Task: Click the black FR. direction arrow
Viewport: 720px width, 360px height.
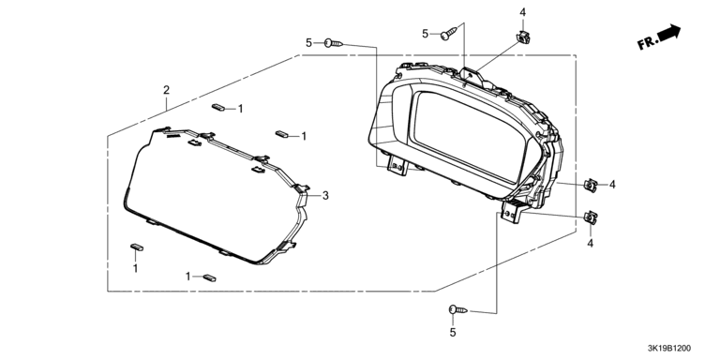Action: [669, 33]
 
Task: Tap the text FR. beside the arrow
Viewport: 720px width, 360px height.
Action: [648, 44]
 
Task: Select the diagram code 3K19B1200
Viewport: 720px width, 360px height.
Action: [668, 349]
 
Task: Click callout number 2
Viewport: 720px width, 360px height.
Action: [166, 90]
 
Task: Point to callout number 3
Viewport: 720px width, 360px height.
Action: [325, 196]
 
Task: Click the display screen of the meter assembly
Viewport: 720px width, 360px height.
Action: [470, 135]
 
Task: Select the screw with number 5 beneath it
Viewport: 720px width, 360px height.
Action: [458, 310]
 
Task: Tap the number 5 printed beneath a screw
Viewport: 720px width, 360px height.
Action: [453, 333]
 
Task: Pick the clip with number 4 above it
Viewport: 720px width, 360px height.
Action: [522, 37]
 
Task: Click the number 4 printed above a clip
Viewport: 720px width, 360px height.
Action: [522, 12]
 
